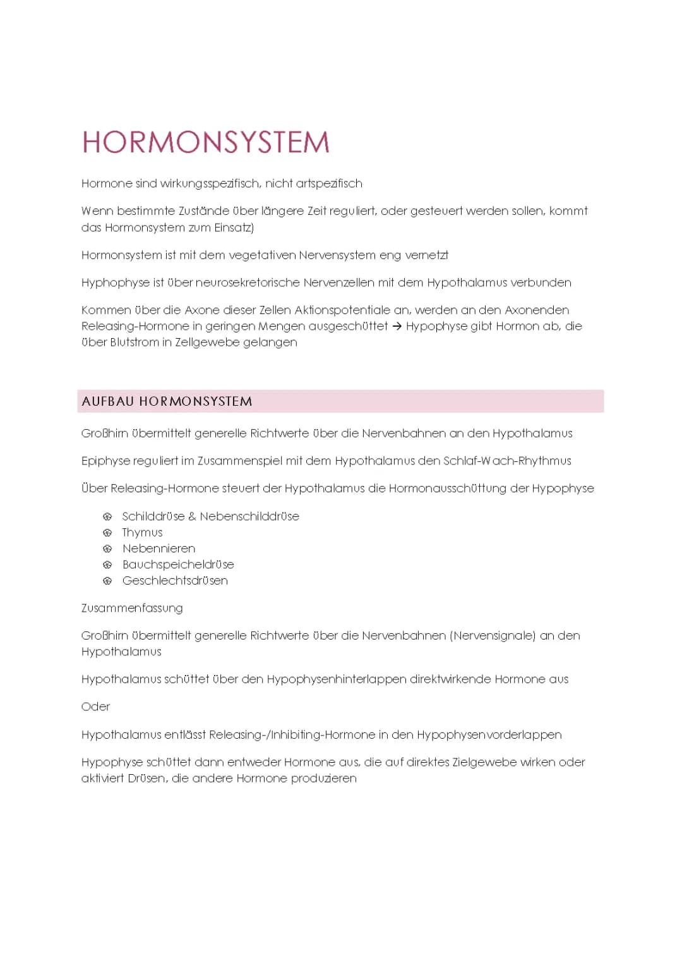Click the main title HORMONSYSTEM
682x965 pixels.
[206, 142]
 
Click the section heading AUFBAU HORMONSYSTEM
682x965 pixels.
[167, 401]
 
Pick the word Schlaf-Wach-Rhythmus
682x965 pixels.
[507, 461]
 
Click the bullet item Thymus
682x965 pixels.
[142, 533]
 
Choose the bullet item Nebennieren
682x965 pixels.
[159, 549]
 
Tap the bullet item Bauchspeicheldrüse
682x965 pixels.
[178, 564]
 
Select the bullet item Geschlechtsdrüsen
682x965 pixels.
[175, 580]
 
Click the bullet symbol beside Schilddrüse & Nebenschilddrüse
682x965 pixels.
[107, 517]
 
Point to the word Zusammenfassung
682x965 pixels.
[132, 608]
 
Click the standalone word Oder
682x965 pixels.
[95, 707]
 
